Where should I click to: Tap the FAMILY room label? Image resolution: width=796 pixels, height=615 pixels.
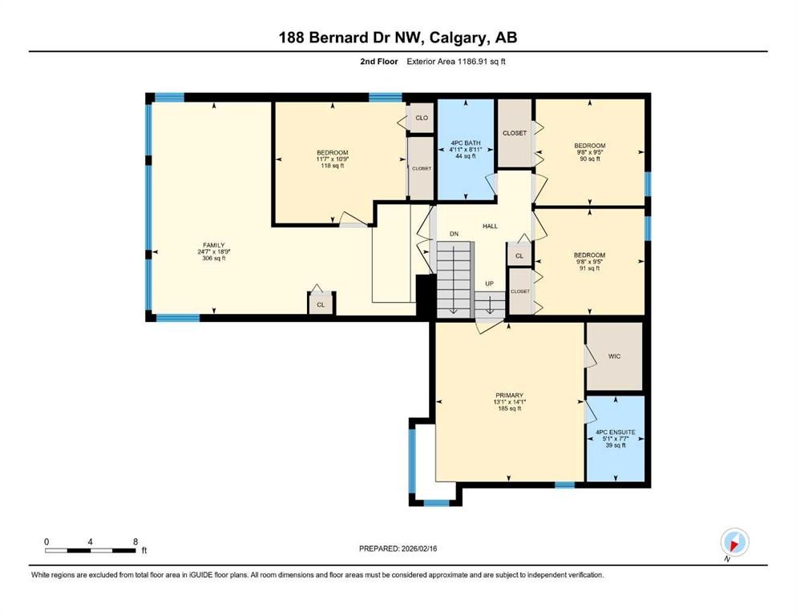point(212,245)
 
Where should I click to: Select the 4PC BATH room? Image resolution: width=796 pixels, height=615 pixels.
point(465,149)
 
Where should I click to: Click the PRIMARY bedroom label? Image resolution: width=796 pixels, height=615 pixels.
point(509,395)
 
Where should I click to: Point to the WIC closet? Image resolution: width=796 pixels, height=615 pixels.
point(614,356)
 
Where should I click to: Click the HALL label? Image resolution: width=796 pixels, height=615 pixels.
point(490,227)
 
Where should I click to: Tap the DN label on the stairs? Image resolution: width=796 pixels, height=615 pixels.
point(454,234)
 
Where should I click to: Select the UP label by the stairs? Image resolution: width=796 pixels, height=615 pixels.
point(488,283)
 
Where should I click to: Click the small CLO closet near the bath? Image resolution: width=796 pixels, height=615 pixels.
point(421,118)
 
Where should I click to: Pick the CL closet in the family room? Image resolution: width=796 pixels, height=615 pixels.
point(321,304)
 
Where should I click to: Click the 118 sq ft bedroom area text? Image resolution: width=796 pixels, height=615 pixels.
point(332,167)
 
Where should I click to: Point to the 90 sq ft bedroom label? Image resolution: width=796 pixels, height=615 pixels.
point(589,159)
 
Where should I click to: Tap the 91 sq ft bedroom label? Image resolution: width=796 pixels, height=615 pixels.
point(589,268)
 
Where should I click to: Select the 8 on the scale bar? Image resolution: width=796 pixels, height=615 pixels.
point(135,542)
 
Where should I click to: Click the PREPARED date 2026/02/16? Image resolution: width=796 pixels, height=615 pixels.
point(398,549)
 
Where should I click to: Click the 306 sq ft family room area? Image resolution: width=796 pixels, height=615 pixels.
point(212,259)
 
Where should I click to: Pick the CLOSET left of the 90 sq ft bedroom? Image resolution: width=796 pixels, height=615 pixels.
point(514,133)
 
